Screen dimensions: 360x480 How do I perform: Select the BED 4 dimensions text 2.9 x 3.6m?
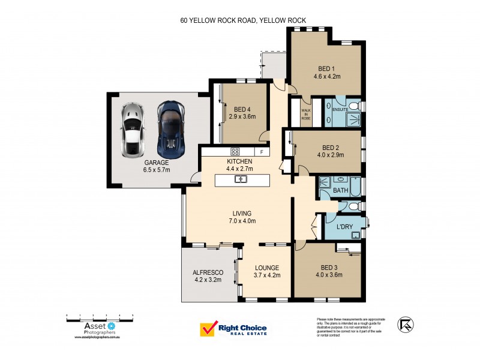tap(242, 116)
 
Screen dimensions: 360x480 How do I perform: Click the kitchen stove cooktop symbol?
tap(235, 152)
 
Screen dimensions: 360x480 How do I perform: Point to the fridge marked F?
tap(262, 152)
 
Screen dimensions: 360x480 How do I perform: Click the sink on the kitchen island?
tap(242, 179)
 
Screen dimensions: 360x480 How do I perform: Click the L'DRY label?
tap(344, 226)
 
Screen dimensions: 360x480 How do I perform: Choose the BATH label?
tap(341, 191)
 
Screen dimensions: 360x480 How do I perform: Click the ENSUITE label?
tap(340, 110)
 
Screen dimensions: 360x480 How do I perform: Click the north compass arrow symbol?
tap(406, 325)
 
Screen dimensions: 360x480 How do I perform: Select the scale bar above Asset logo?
tap(99, 316)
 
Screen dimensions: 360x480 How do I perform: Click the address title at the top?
tap(243, 20)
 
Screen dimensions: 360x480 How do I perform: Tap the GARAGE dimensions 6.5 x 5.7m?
tap(156, 170)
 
